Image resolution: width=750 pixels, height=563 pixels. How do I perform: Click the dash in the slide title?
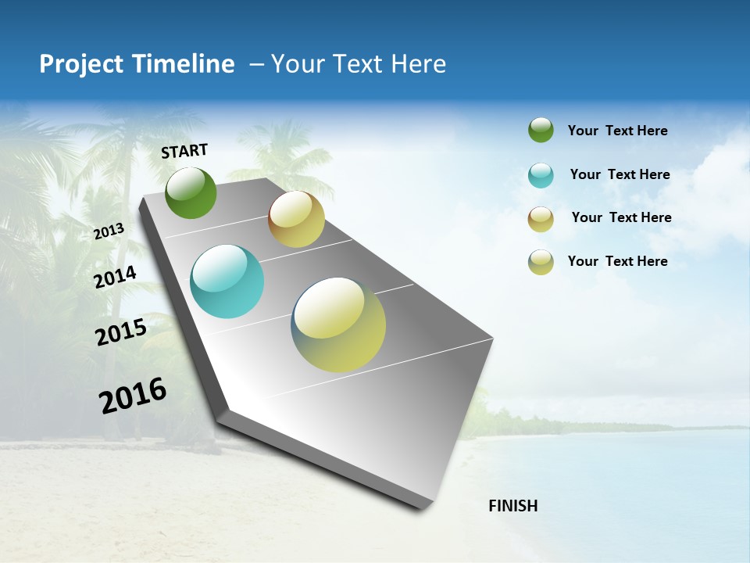point(256,64)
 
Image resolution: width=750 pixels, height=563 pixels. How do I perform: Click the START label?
point(184,150)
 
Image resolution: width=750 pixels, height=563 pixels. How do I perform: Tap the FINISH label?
point(512,506)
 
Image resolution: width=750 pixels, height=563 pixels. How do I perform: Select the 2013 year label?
point(109,231)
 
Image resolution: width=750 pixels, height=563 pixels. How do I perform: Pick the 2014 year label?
point(116,277)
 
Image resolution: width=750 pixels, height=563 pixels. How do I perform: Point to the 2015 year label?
point(121,332)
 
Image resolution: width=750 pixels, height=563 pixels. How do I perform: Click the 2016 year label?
point(133,396)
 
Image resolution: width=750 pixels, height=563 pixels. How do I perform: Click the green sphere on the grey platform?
point(191,192)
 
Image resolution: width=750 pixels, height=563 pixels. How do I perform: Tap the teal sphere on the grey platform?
point(227,281)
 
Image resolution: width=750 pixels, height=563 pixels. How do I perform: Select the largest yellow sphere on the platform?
point(338,325)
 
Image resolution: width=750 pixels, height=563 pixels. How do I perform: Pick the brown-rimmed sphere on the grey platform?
point(296,219)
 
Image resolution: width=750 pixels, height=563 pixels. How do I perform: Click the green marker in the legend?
point(541,130)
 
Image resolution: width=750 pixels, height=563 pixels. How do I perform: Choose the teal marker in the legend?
point(541,175)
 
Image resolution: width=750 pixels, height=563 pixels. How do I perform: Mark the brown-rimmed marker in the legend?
point(541,219)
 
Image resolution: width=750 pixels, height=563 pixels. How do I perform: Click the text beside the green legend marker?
point(617,131)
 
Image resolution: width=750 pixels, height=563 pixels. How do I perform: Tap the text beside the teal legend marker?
point(620,174)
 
